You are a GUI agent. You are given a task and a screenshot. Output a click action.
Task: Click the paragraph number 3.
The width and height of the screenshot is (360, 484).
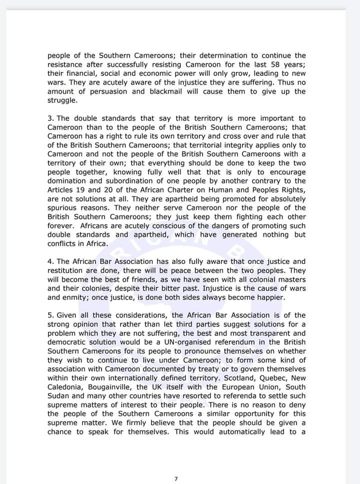pyautogui.click(x=50, y=118)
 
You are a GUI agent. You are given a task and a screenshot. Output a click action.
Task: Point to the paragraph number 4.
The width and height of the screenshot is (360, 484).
pyautogui.click(x=50, y=261)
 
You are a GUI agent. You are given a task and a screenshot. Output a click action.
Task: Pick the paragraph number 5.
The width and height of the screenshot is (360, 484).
pyautogui.click(x=50, y=315)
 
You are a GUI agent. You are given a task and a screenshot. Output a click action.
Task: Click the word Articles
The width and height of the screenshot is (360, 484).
pyautogui.click(x=61, y=190)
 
